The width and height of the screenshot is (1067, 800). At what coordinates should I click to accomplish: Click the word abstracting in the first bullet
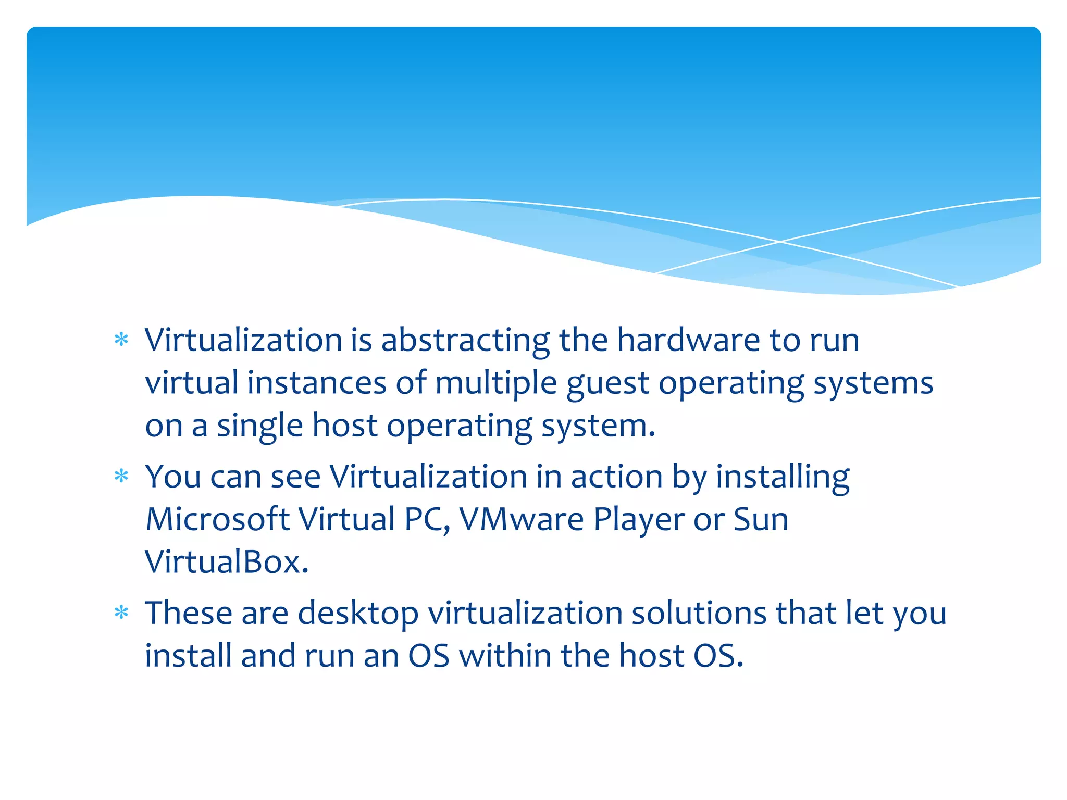pyautogui.click(x=465, y=341)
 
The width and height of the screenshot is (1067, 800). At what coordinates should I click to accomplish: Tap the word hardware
pyautogui.click(x=689, y=340)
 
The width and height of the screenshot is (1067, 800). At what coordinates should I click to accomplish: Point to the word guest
pyautogui.click(x=607, y=384)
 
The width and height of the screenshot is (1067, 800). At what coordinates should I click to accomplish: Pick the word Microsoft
pyautogui.click(x=217, y=519)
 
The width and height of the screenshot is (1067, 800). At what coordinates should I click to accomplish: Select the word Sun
pyautogui.click(x=761, y=519)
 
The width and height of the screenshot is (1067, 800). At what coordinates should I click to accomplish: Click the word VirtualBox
pyautogui.click(x=227, y=562)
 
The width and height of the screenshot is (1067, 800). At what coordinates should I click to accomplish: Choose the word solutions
pyautogui.click(x=699, y=613)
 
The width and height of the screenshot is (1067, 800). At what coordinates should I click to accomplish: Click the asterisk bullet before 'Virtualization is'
pyautogui.click(x=121, y=340)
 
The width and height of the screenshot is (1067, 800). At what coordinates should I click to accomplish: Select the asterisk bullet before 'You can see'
pyautogui.click(x=121, y=476)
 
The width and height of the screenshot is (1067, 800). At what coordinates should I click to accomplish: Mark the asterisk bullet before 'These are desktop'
pyautogui.click(x=121, y=612)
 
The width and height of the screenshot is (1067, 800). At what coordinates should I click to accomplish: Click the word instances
pyautogui.click(x=317, y=383)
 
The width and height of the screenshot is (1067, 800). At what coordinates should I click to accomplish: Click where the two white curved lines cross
pyautogui.click(x=779, y=242)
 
